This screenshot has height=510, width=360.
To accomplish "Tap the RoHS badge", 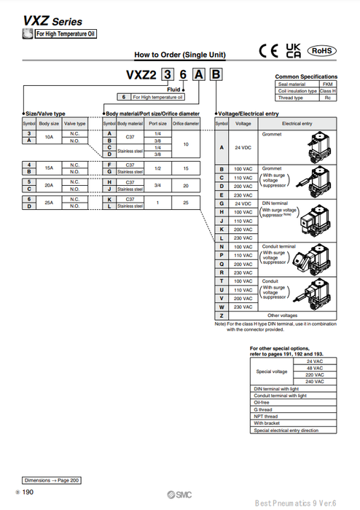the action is pyautogui.click(x=321, y=50).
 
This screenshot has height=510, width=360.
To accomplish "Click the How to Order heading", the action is pyautogui.click(x=180, y=55).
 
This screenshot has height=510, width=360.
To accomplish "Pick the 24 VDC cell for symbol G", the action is pyautogui.click(x=242, y=203).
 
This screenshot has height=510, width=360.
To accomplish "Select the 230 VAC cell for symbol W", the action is pyautogui.click(x=242, y=307).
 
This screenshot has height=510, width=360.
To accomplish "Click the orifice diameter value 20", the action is pyautogui.click(x=186, y=185).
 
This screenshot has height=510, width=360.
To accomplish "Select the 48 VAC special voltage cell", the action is pyautogui.click(x=315, y=368).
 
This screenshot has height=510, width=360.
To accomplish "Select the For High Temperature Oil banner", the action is pyautogui.click(x=66, y=34).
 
